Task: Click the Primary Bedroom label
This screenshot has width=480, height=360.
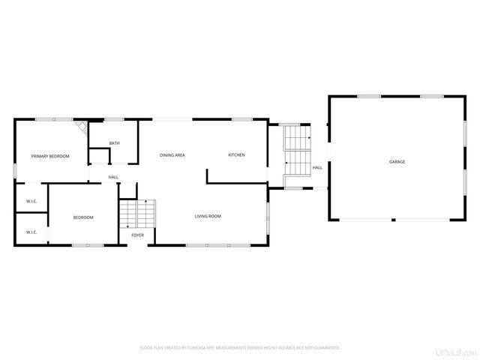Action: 49,156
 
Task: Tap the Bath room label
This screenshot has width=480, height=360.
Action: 114,143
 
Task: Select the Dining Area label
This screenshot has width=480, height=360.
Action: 172,155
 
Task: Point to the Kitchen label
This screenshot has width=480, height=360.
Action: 236,155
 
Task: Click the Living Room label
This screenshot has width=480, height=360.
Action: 208,217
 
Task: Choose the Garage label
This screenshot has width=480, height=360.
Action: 397,162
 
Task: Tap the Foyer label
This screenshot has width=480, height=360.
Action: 137,235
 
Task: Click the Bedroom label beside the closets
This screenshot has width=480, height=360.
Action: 83,217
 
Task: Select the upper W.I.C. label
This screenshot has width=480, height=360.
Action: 31,202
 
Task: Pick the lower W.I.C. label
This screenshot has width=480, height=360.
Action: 31,232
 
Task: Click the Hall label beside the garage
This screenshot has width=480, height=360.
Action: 317,168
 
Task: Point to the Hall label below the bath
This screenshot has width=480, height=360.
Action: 113,177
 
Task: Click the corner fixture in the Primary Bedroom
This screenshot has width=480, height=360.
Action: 80,128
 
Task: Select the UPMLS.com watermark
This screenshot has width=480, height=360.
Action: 460,352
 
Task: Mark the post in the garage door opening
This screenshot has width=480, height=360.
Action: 393,220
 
